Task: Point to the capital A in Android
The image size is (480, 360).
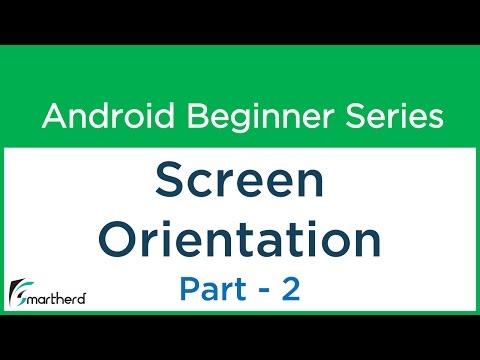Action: [52, 118]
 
